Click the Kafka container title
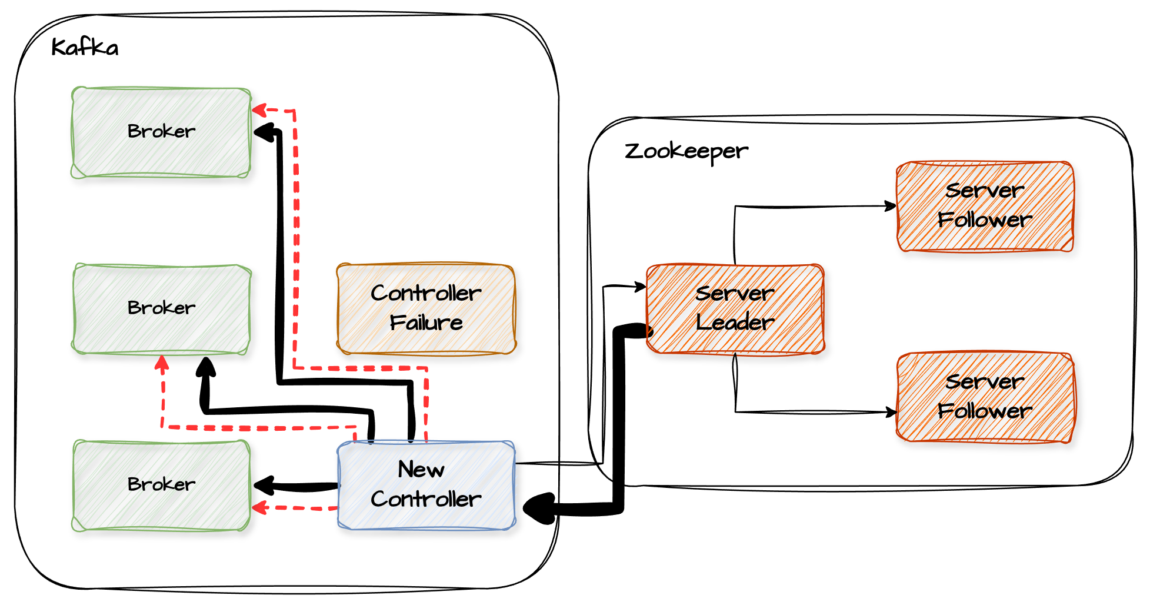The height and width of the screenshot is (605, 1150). pyautogui.click(x=85, y=47)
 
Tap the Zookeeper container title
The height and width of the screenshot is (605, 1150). pyautogui.click(x=686, y=151)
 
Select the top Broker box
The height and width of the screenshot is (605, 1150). pyautogui.click(x=161, y=132)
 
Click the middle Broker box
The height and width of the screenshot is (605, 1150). pyautogui.click(x=161, y=308)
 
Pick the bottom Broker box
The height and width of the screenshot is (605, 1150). pyautogui.click(x=161, y=485)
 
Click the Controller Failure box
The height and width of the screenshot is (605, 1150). pyautogui.click(x=426, y=308)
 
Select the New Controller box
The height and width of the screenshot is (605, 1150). pyautogui.click(x=426, y=485)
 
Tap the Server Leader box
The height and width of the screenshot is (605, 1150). pyautogui.click(x=735, y=308)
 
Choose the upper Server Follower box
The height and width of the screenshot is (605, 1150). pyautogui.click(x=985, y=206)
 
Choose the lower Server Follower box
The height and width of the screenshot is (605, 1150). pyautogui.click(x=985, y=397)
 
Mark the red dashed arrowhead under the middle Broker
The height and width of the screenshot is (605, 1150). pyautogui.click(x=162, y=361)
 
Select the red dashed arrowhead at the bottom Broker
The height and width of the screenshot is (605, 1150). pyautogui.click(x=259, y=507)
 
